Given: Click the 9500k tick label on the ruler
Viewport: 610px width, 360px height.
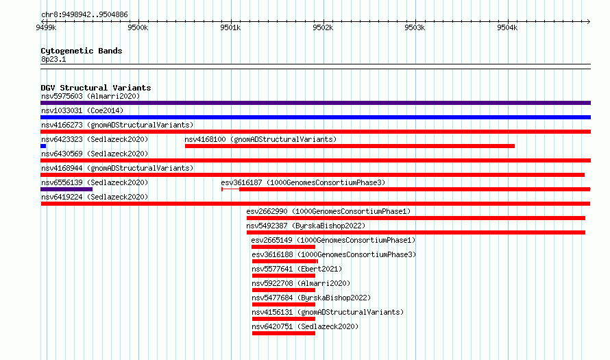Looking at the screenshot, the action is point(138,27).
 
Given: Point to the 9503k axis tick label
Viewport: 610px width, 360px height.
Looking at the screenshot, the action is point(415,27).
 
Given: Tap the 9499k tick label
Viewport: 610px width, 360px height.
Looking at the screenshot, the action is point(46,27).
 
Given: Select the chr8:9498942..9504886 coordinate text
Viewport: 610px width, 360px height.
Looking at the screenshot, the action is point(84,15).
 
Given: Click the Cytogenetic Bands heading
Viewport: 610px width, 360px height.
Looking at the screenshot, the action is point(82,51).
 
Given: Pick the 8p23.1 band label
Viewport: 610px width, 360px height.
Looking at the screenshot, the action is point(53,59).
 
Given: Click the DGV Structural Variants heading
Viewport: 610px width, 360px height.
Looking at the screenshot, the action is point(96,88).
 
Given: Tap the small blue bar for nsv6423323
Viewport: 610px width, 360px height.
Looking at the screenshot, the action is point(43,146).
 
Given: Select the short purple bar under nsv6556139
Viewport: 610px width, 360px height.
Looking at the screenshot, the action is point(66,189).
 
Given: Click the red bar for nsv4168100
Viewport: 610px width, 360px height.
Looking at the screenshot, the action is point(350,146).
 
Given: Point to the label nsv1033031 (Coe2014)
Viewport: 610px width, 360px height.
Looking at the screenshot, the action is point(82,110).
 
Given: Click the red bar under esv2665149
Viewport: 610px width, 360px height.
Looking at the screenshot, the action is point(283,247).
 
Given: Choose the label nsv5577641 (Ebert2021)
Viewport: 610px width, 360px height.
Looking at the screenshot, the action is point(297,269).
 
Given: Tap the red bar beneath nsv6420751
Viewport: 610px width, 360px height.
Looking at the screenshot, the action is point(284,333).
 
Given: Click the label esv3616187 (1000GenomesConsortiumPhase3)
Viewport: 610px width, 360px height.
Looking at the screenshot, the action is point(303,182).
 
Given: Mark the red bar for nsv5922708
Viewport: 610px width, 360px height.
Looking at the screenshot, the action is point(284,290).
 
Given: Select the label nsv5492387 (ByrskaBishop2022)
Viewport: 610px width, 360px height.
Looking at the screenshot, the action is point(306,226).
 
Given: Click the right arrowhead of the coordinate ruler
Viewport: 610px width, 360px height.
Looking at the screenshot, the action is point(589,21).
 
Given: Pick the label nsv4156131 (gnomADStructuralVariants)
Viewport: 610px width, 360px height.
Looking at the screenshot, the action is point(328,312).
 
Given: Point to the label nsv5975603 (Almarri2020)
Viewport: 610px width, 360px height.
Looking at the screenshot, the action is point(90,96).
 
